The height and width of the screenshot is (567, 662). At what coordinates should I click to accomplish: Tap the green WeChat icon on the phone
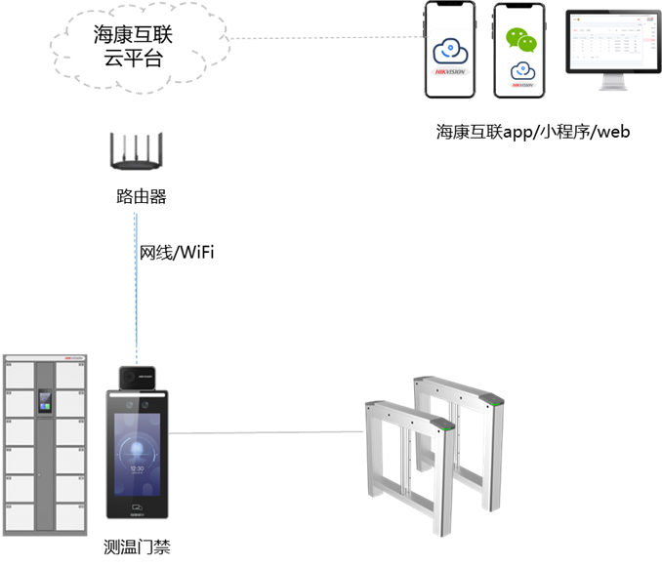click(x=521, y=39)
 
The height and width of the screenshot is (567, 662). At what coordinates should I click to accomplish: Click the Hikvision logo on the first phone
click(x=450, y=72)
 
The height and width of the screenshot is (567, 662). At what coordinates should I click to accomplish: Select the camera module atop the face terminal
click(x=136, y=377)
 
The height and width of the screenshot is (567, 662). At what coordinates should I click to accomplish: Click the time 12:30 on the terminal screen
click(x=137, y=468)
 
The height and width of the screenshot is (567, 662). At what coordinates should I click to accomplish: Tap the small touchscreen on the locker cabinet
click(x=45, y=400)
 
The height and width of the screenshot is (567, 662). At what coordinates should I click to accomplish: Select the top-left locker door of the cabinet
click(x=19, y=374)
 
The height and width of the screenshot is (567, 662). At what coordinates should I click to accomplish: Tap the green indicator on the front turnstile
click(x=447, y=425)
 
